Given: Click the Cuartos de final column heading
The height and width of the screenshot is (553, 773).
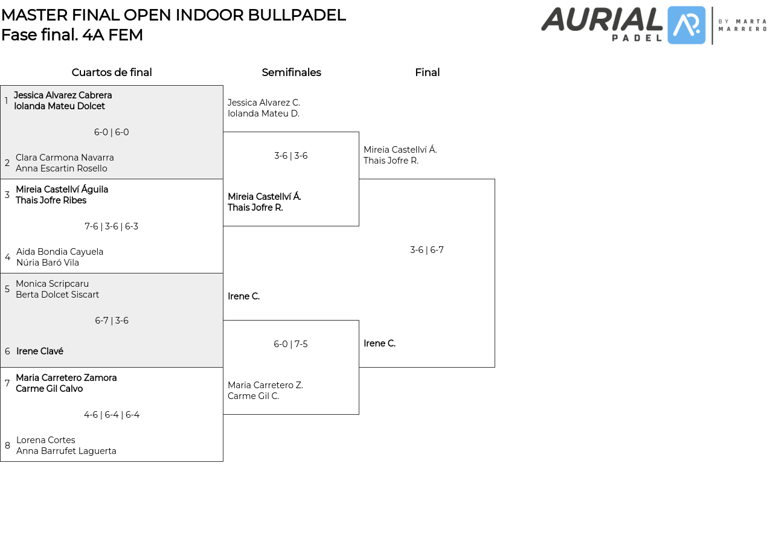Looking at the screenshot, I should point(112,72).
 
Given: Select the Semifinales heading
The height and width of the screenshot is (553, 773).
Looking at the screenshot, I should point(291,72).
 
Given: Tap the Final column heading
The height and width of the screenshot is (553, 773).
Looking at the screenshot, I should point(427,72).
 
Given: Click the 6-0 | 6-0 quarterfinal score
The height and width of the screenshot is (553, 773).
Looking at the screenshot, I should point(112,132).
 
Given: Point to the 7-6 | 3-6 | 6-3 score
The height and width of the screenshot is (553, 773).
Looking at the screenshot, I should point(112,226).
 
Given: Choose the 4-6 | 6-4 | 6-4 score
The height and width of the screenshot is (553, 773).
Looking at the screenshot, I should point(112,415).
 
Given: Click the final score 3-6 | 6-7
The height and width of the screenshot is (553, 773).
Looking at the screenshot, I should point(427,250).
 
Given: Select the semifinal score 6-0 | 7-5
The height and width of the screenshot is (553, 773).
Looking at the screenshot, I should point(290,344).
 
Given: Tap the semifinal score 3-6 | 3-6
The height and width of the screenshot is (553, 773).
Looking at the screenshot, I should point(290,156).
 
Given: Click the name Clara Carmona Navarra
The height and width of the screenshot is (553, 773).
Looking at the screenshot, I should point(65,158).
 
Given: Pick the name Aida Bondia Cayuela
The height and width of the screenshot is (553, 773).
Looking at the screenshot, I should point(60,252).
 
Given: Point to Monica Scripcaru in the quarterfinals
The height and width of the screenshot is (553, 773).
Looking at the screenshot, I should point(52,284).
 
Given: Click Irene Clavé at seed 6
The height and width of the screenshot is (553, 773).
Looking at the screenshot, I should point(40,351).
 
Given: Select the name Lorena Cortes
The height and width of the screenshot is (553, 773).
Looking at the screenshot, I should point(46,440).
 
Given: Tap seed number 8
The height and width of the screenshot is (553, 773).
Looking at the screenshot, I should point(7,446).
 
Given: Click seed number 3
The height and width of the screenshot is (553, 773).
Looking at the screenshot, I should point(7,195).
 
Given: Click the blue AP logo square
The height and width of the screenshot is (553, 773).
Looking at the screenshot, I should point(687,25).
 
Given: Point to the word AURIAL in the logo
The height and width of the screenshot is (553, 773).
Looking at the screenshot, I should point(601,19).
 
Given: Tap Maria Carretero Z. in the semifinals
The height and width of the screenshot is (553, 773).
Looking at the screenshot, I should point(265,385).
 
